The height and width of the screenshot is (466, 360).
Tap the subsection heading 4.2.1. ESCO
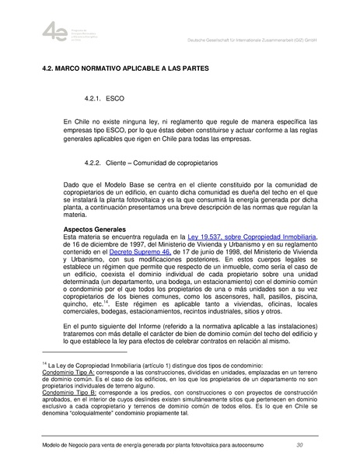click(102, 100)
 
